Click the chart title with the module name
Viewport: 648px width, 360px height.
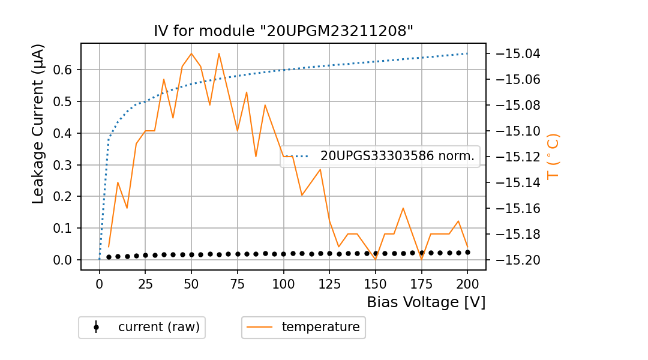click(x=283, y=31)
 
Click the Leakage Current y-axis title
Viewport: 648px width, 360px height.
click(x=38, y=124)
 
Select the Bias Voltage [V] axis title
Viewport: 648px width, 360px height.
click(x=426, y=302)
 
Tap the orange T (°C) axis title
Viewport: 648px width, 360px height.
click(x=553, y=156)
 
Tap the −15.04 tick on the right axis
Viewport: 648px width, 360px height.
click(x=515, y=54)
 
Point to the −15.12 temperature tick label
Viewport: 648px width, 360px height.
click(x=515, y=157)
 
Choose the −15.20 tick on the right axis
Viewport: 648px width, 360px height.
click(x=515, y=260)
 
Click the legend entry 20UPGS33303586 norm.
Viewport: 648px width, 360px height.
click(x=397, y=157)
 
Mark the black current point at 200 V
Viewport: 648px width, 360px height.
click(x=467, y=253)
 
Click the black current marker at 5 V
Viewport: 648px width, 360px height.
click(x=109, y=257)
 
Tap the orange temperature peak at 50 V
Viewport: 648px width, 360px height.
click(x=191, y=53)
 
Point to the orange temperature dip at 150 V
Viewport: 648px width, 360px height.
click(x=376, y=259)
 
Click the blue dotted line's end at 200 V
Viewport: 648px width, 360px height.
click(x=467, y=53)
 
